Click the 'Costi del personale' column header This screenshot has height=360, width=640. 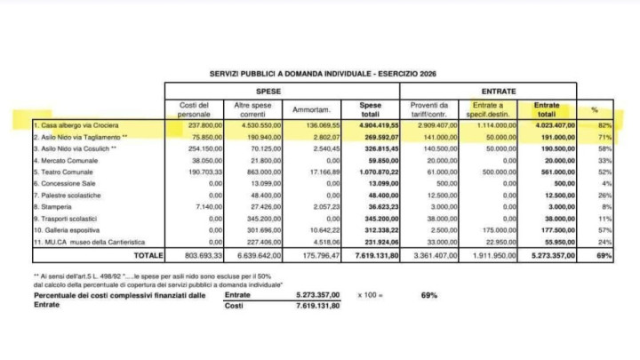point(195,109)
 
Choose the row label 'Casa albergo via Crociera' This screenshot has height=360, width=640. point(68,126)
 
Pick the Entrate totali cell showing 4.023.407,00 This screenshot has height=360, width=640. point(553,126)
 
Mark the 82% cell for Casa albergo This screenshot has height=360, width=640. point(605,126)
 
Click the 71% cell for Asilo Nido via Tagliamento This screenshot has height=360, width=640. point(605,138)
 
